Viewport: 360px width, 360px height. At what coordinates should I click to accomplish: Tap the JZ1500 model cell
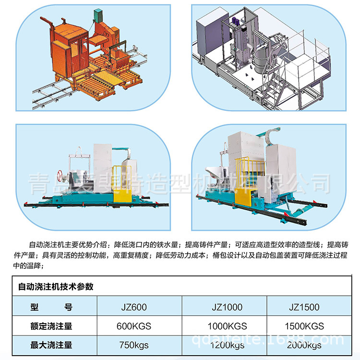304,307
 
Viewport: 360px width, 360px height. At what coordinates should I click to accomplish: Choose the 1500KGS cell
304,326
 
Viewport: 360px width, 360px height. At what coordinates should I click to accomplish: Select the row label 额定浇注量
51,326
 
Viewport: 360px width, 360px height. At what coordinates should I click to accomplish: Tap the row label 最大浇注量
51,345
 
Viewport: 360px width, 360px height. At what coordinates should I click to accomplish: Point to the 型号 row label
51,307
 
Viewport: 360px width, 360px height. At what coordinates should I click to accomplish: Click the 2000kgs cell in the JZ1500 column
304,345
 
